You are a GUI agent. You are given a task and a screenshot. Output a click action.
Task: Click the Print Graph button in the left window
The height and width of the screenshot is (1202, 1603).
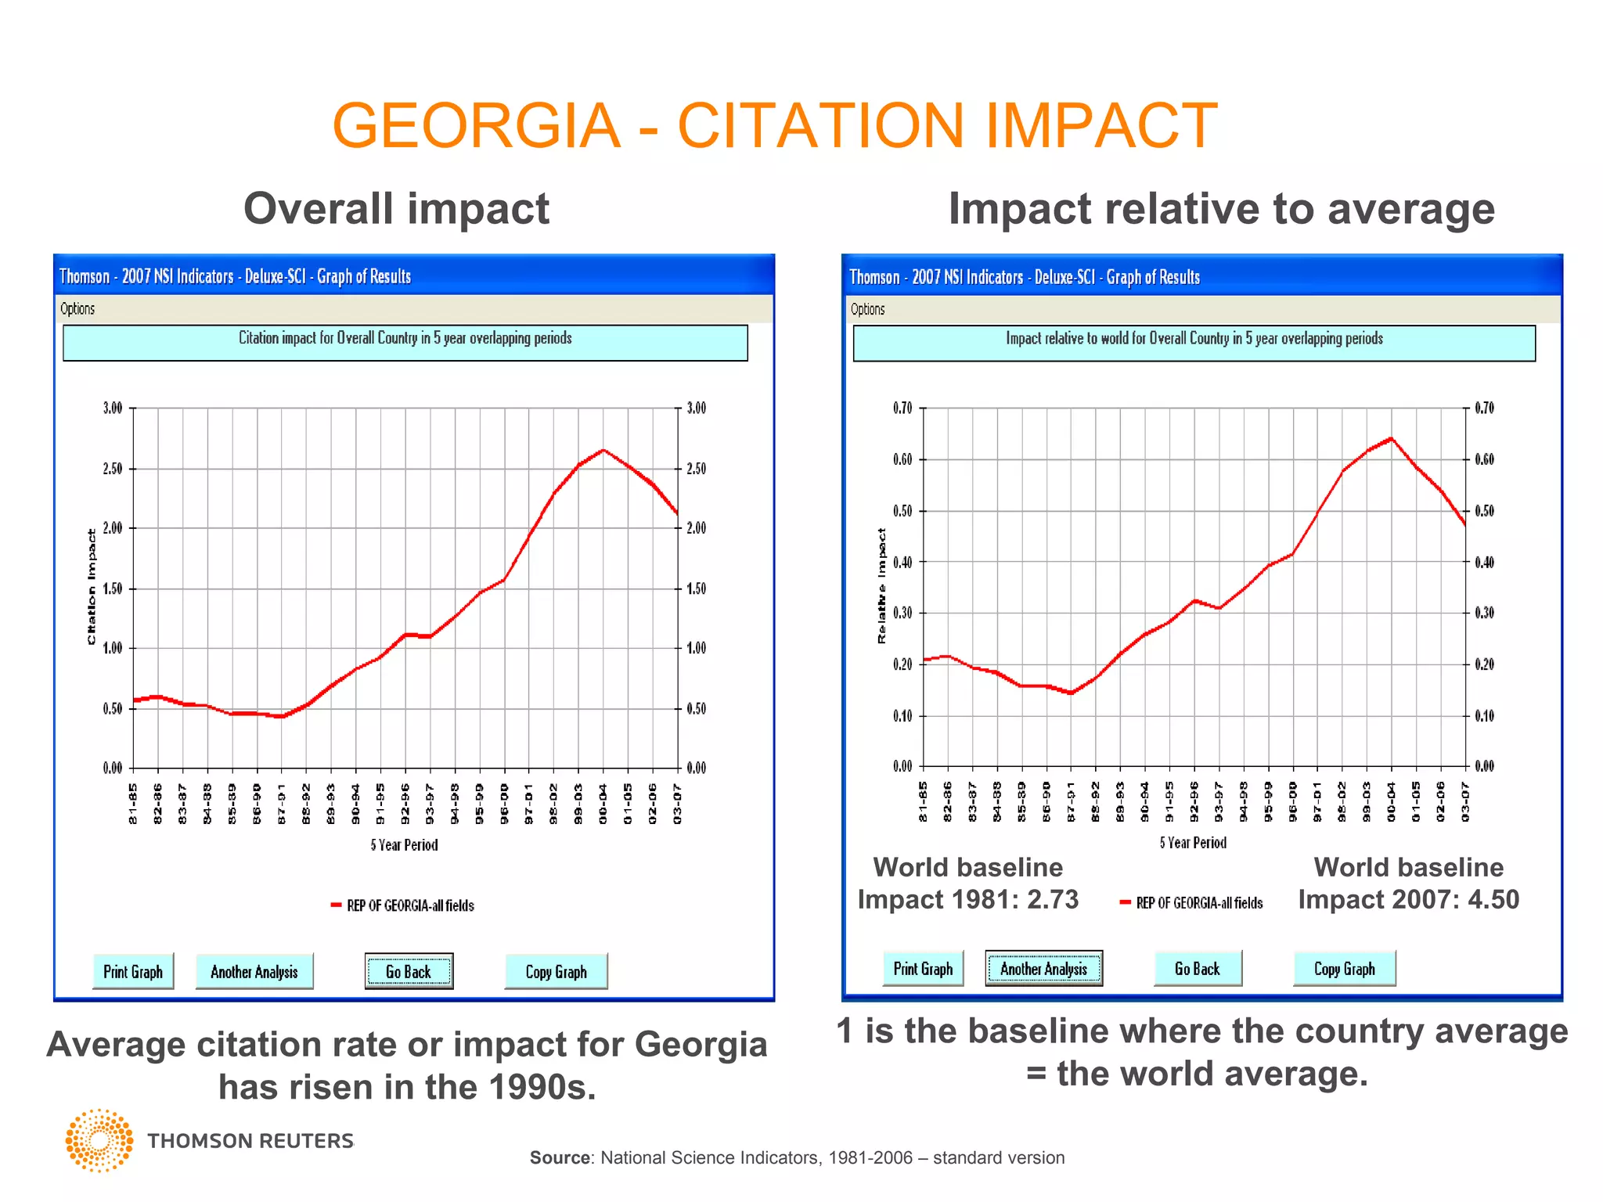point(133,971)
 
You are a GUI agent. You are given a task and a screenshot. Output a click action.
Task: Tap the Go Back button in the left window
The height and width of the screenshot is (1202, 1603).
point(409,971)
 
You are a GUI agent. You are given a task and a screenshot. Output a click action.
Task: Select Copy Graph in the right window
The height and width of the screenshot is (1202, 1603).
point(1344,969)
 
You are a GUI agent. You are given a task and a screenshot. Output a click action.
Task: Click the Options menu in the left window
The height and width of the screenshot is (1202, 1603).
point(77,308)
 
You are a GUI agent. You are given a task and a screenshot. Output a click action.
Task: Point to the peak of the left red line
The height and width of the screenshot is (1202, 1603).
point(603,450)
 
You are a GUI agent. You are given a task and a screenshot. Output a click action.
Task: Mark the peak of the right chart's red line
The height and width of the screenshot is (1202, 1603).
point(1391,438)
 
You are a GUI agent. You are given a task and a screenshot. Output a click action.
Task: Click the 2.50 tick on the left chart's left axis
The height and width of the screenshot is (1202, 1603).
point(113,469)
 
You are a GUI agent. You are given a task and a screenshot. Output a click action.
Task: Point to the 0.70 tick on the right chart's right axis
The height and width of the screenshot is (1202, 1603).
point(1484,408)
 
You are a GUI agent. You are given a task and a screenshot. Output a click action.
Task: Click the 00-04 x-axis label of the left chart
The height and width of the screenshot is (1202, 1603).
point(603,804)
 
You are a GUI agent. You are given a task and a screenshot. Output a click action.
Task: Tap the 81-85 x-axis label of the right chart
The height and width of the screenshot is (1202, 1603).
point(924,802)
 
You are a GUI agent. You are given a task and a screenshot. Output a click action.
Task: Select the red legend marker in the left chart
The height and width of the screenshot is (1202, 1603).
point(336,905)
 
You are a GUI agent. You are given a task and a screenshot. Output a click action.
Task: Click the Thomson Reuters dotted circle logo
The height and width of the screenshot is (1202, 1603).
point(99,1140)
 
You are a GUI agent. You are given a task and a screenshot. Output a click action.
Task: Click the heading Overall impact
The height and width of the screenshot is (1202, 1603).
point(396,209)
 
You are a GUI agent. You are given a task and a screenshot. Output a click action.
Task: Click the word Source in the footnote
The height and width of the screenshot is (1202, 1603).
point(560,1157)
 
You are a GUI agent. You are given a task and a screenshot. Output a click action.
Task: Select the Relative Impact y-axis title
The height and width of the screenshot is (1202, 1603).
point(882,586)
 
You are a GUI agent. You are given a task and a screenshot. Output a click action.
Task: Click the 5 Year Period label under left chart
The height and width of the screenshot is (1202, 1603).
point(404,845)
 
